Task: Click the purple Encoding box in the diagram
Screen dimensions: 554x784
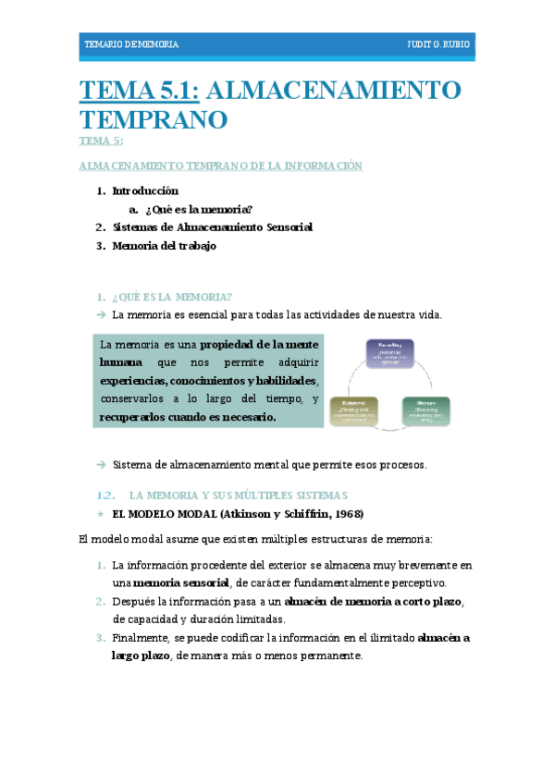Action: coord(388,352)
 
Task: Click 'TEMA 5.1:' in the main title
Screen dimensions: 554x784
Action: coord(139,91)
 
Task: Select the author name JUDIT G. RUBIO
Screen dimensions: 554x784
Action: coord(439,44)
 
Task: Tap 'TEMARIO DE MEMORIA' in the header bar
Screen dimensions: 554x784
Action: coord(131,44)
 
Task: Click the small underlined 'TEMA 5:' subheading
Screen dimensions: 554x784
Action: coord(101,141)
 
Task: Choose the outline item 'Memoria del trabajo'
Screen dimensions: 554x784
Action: coord(164,246)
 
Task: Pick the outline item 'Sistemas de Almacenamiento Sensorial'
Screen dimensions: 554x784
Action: coord(212,227)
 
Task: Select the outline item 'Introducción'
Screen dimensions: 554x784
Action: coord(145,190)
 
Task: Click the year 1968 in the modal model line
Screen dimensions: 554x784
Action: coord(349,514)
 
